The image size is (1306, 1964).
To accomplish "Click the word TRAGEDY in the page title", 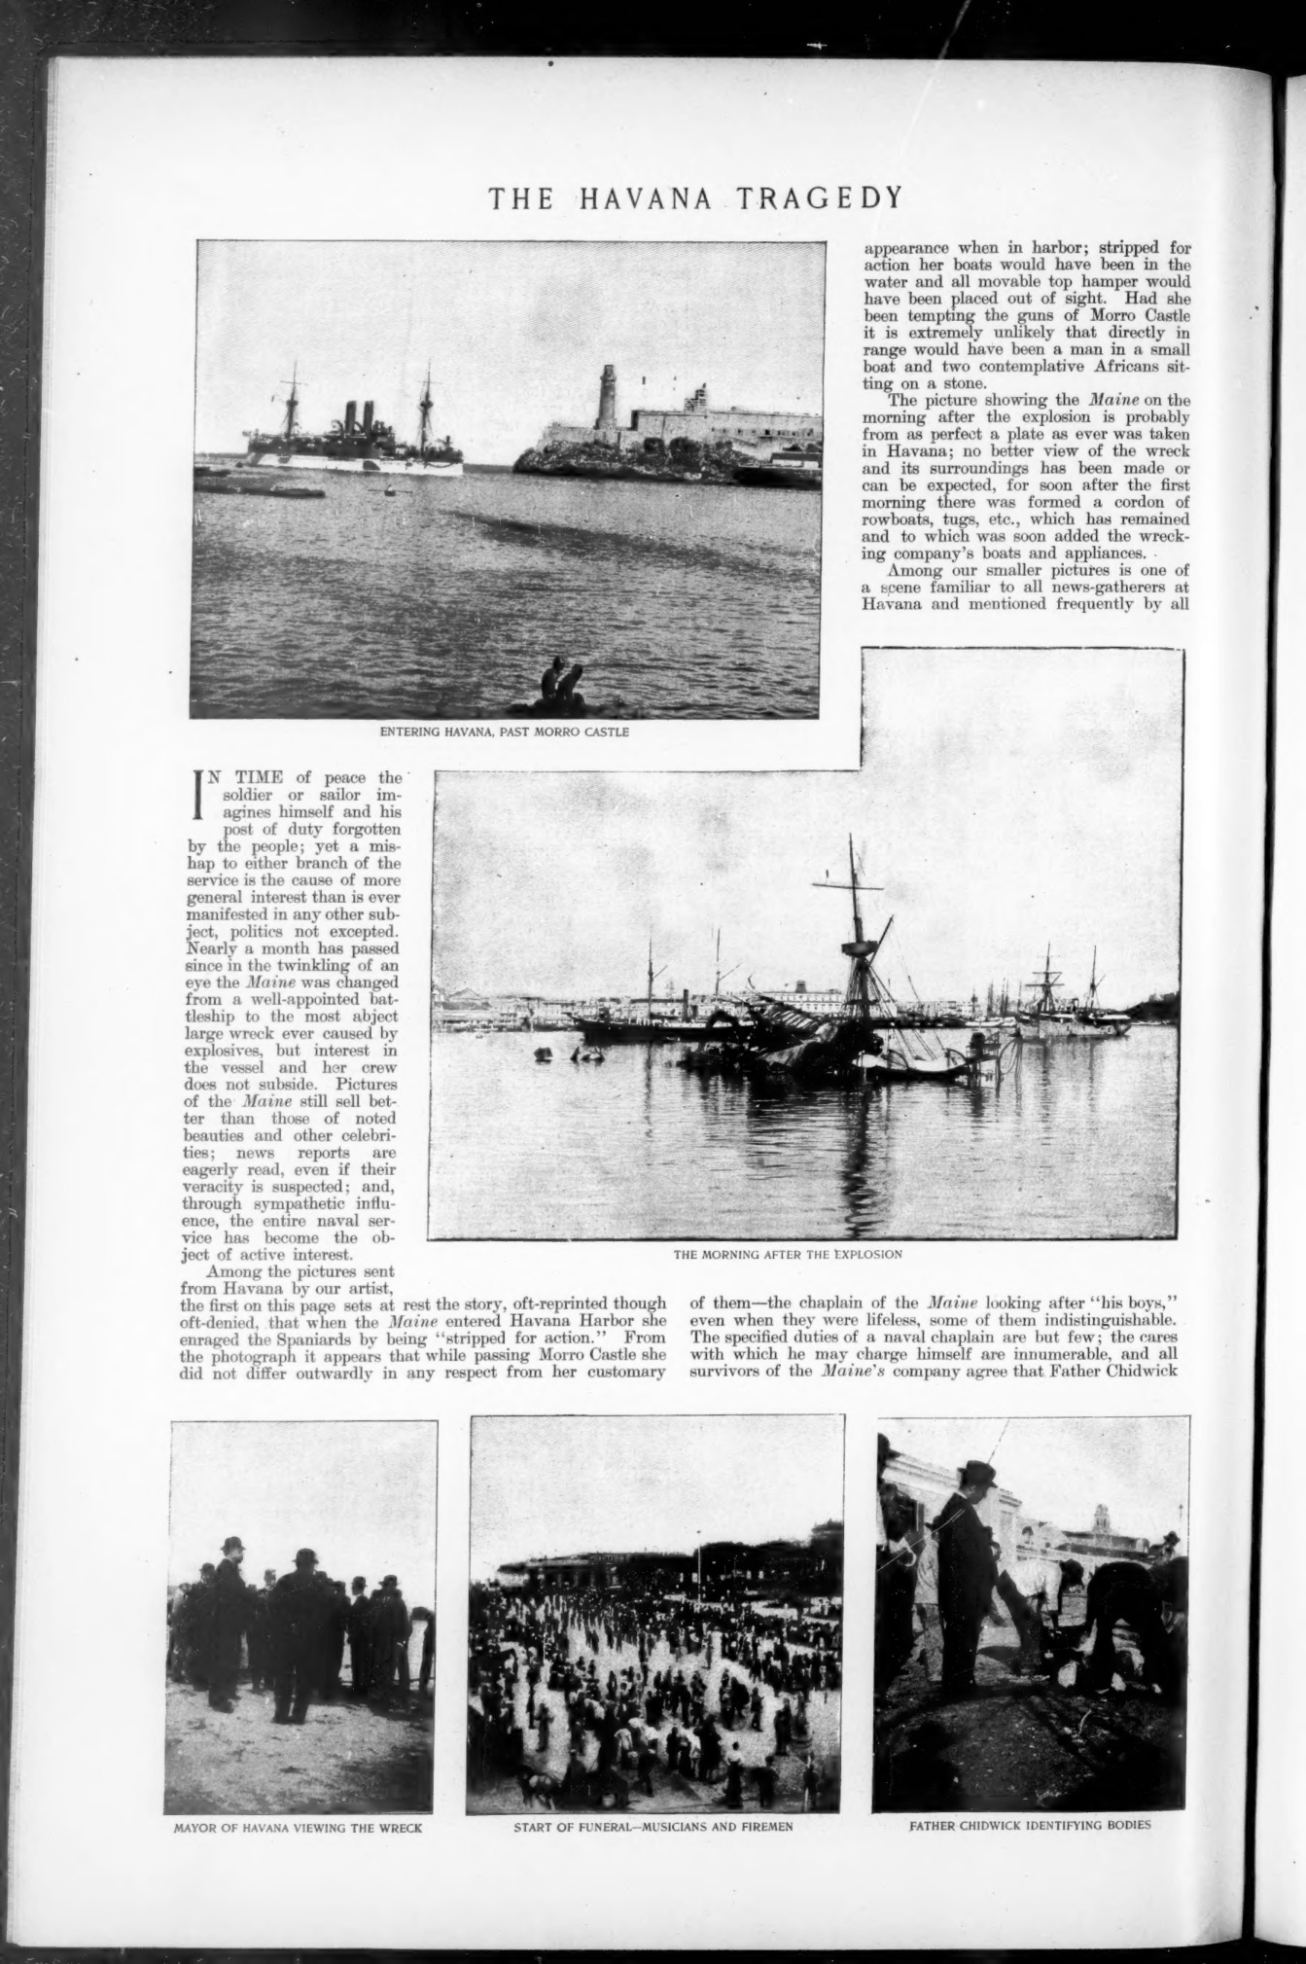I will (x=819, y=198).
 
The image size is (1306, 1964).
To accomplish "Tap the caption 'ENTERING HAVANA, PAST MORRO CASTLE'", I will (x=504, y=732).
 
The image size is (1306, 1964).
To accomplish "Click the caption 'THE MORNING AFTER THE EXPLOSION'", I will (x=788, y=1254).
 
